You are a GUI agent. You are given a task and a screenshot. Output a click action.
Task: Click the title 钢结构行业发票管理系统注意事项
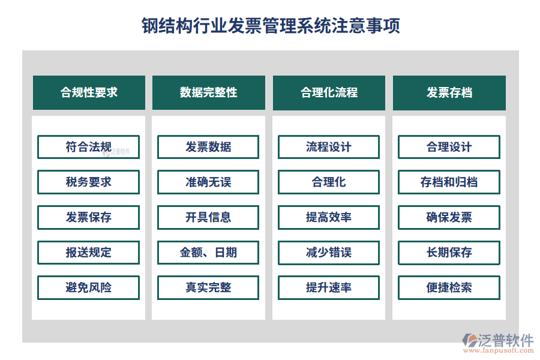[x=271, y=26]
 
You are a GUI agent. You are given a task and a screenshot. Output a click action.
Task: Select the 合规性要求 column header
[x=89, y=92]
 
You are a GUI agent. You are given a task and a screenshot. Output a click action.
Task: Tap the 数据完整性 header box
[x=209, y=92]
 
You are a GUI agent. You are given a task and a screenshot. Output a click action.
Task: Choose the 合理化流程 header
[x=329, y=92]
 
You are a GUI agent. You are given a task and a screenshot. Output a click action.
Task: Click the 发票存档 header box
[x=449, y=92]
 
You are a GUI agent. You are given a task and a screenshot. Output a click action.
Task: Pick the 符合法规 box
[x=89, y=147]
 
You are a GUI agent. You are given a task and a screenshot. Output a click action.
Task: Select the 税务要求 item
[x=89, y=182]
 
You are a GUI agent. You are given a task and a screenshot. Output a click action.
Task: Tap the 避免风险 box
[x=89, y=287]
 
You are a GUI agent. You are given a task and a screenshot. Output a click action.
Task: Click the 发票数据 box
[x=208, y=147]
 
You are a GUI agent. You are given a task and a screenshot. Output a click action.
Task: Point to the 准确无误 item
[x=208, y=182]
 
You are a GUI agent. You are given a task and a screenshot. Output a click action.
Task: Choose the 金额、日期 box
[x=208, y=253]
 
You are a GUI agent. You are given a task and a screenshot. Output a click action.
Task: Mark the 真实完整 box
[x=208, y=287]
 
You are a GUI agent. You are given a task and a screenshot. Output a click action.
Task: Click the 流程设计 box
[x=329, y=147]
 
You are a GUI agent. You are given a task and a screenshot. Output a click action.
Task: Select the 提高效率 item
[x=329, y=217]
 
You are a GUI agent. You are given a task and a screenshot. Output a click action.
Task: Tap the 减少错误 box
[x=329, y=253]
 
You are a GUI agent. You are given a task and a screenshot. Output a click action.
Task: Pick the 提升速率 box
[x=329, y=287]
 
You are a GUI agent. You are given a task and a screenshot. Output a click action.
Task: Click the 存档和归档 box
[x=449, y=182]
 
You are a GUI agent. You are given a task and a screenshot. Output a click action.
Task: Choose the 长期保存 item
[x=449, y=253]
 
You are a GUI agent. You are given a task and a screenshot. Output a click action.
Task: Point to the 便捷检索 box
[x=449, y=287]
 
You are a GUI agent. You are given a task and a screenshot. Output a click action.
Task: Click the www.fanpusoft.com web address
[x=499, y=350]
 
